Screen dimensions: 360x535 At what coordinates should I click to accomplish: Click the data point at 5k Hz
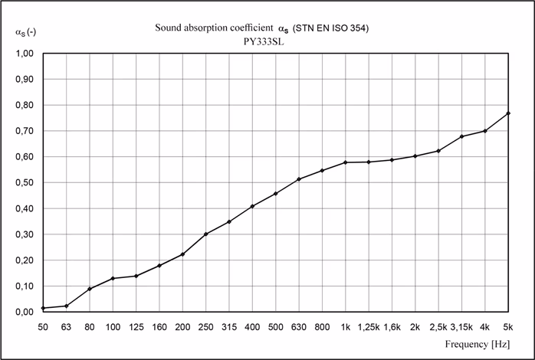coord(509,113)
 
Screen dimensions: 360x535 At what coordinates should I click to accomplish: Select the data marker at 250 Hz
coord(206,234)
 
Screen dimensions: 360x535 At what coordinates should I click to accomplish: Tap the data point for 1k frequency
coord(346,162)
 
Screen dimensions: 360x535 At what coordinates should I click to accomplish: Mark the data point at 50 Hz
coord(43,308)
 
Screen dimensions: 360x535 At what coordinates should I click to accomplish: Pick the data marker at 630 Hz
coord(299,179)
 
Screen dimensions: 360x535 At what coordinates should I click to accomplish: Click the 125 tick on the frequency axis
coord(136,326)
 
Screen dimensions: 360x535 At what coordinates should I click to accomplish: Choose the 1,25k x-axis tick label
coord(369,326)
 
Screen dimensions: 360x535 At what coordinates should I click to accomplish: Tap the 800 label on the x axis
coord(322,326)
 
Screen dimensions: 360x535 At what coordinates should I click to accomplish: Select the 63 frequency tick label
coord(66,326)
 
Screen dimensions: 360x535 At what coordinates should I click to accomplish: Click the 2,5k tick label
coord(438,326)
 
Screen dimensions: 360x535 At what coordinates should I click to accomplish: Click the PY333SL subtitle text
coord(267,42)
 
